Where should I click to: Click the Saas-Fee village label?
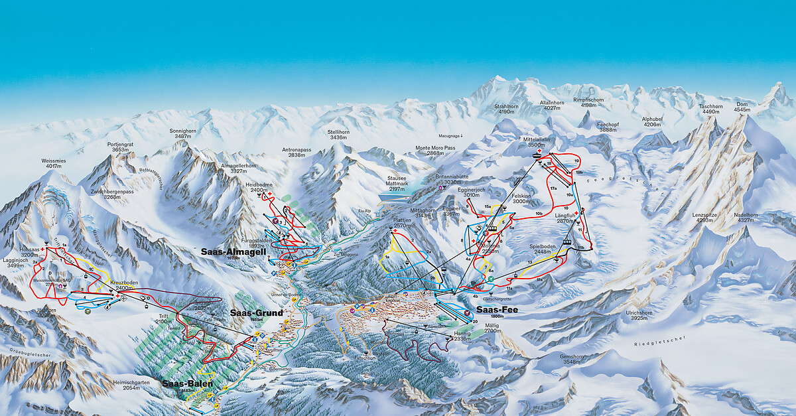[x=497, y=309]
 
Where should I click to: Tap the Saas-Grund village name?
[x=257, y=312]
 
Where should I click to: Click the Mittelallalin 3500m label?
[x=538, y=143]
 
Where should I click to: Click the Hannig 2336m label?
[x=462, y=336]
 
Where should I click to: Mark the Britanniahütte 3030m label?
[x=452, y=179]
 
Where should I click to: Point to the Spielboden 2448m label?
[x=541, y=249]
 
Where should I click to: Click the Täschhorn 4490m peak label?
[x=710, y=109]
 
